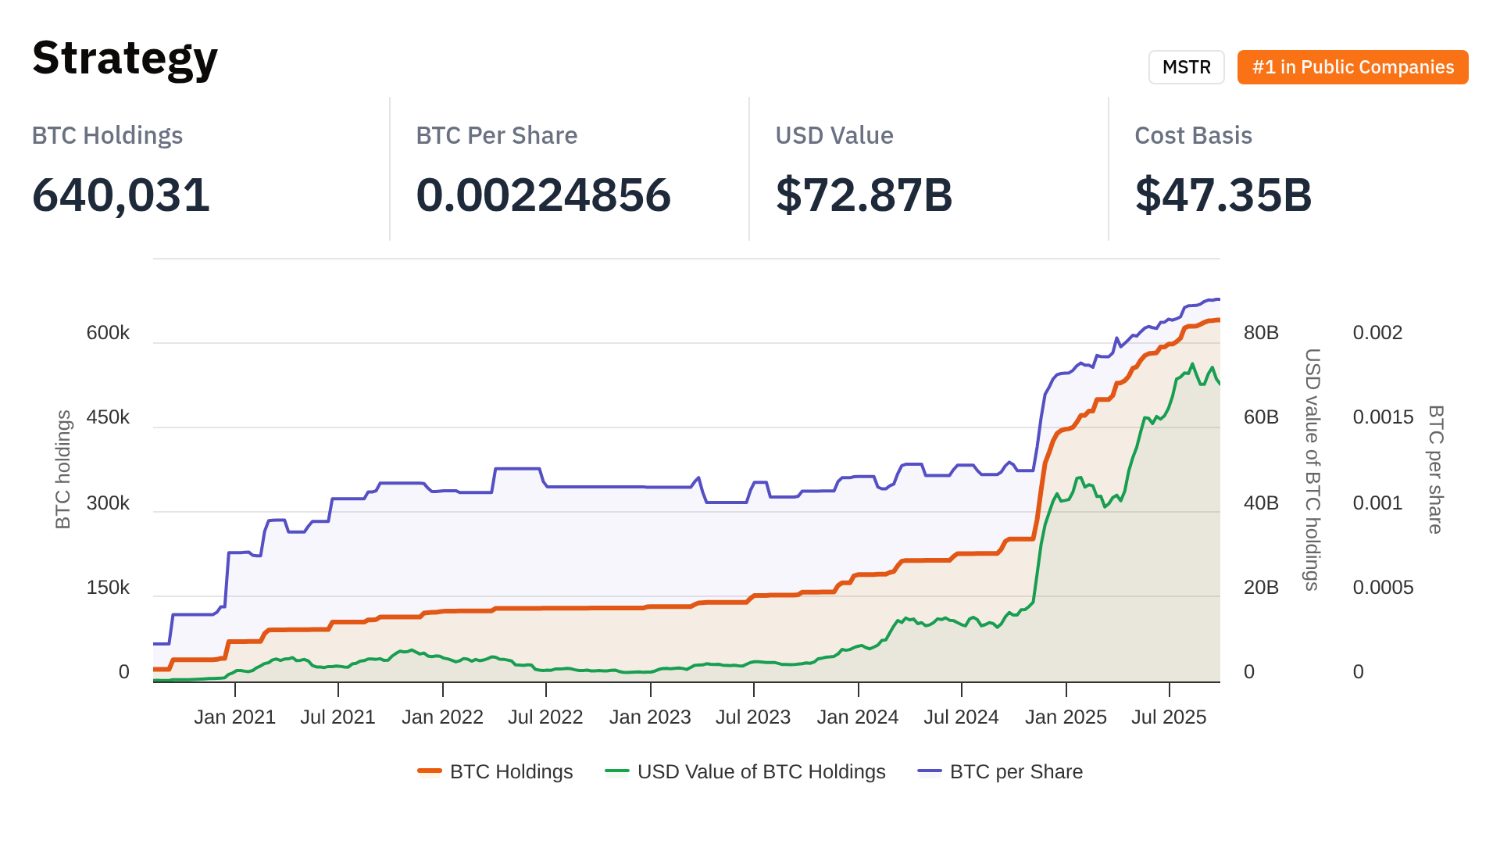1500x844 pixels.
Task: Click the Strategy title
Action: point(125,59)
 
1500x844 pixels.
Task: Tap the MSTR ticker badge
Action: point(1186,67)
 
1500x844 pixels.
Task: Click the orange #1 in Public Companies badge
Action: point(1352,67)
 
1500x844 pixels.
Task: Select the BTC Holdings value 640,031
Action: point(121,195)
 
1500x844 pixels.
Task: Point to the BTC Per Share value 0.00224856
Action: point(543,195)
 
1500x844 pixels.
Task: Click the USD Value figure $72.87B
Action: point(864,195)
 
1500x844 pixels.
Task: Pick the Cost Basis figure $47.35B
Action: point(1223,195)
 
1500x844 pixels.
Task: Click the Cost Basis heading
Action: point(1193,135)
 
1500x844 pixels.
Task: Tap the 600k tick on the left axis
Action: point(108,333)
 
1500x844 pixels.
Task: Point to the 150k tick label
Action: point(108,588)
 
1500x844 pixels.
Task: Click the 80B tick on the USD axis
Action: point(1261,333)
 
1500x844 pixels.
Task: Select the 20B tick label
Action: point(1261,588)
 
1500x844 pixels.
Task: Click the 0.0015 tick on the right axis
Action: point(1383,417)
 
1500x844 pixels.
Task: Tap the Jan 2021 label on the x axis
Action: point(234,717)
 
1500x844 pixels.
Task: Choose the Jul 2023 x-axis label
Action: point(753,717)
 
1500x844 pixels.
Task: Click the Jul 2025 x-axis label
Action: point(1169,717)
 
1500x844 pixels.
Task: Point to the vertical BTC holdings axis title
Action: point(63,469)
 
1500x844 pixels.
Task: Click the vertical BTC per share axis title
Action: point(1435,469)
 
